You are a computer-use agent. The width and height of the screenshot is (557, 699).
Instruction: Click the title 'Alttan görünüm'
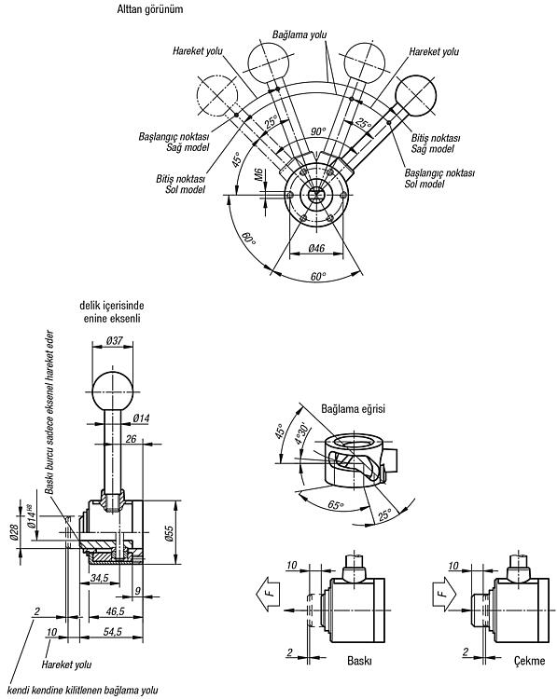150,9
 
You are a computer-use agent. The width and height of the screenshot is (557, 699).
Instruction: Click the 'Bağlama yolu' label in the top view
299,34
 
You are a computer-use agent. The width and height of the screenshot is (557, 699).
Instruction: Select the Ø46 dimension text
316,248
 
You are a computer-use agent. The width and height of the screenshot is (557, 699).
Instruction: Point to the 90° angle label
318,131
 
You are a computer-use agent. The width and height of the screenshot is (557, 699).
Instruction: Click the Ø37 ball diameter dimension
115,340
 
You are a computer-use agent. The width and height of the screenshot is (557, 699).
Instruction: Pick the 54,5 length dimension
112,632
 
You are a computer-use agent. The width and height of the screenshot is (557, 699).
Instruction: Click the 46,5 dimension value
115,611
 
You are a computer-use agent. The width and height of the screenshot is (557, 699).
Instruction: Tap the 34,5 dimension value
99,578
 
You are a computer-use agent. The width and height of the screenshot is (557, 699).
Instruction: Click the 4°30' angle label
300,432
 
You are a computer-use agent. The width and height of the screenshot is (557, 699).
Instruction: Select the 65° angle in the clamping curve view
336,505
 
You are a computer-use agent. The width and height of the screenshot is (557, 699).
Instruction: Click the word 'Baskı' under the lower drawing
359,660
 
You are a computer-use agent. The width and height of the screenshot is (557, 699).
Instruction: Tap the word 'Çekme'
529,660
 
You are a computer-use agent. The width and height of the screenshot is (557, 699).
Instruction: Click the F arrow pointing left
268,594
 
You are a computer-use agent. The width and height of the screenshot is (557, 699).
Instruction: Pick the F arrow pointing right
445,594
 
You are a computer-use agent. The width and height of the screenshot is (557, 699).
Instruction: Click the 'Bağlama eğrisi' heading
353,408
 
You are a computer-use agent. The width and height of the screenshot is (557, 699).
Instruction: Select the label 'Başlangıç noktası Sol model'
439,178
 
